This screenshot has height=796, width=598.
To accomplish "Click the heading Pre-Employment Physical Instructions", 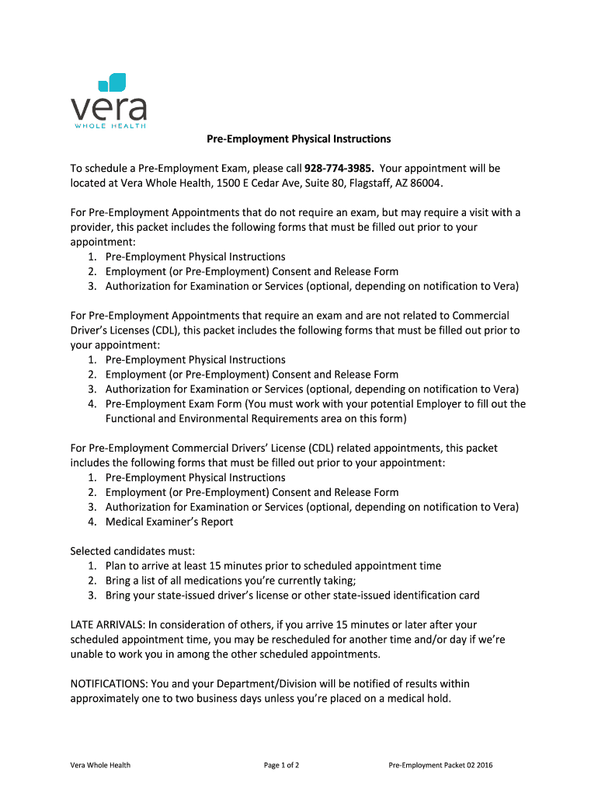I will pyautogui.click(x=298, y=139).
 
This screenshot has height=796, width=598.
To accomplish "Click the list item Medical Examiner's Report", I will pyautogui.click(x=169, y=522).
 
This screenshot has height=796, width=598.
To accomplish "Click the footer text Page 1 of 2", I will pyautogui.click(x=281, y=766).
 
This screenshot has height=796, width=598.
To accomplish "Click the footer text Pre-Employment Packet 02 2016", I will pyautogui.click(x=440, y=766).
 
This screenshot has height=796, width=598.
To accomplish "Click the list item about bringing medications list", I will pyautogui.click(x=231, y=581).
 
